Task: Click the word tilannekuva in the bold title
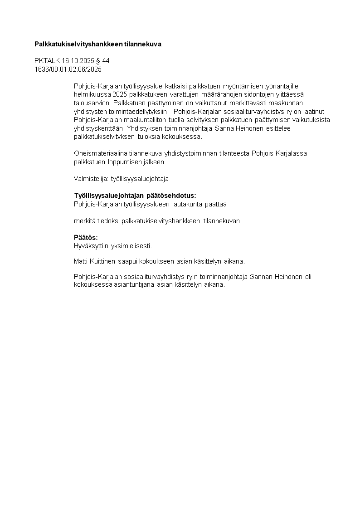(x=143, y=44)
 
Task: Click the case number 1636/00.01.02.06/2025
(x=68, y=69)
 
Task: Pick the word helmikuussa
(x=90, y=94)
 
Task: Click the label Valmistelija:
(x=91, y=179)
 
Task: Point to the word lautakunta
(x=188, y=204)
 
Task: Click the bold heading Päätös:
(x=86, y=238)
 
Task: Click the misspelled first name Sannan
(x=261, y=277)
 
